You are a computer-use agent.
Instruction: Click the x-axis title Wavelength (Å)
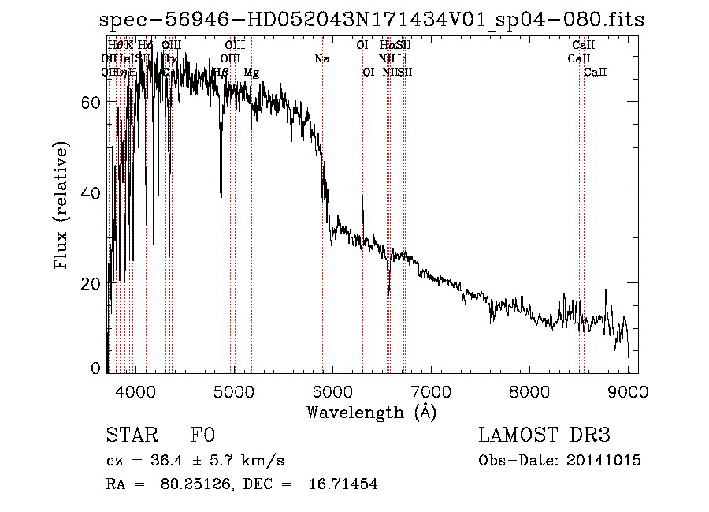[x=371, y=411]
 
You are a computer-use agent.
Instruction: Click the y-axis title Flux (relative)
[x=61, y=205]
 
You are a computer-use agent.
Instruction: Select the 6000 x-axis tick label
[x=332, y=391]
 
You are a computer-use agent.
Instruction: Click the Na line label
[x=321, y=59]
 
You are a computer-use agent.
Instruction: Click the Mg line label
[x=251, y=73]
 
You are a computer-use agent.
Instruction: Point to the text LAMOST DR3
[x=544, y=435]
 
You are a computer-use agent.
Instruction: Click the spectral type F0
[x=202, y=435]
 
